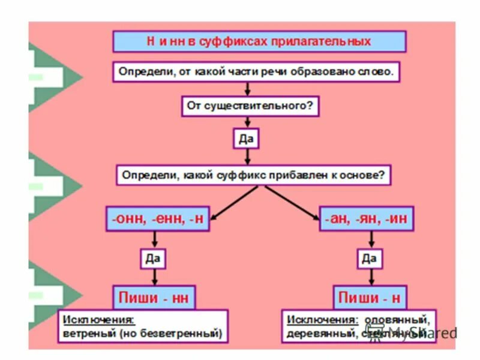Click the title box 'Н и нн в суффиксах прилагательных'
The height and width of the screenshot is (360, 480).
[x=259, y=41]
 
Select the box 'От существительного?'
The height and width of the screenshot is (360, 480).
[x=250, y=107]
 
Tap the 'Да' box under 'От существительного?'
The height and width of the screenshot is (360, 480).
[x=247, y=139]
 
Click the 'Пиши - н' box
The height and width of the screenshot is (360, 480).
[x=368, y=298]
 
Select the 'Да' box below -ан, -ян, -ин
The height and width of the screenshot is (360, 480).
[x=369, y=259]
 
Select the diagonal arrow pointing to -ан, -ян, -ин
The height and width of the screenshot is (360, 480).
[x=293, y=202]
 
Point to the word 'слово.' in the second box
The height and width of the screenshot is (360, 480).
[x=377, y=73]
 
